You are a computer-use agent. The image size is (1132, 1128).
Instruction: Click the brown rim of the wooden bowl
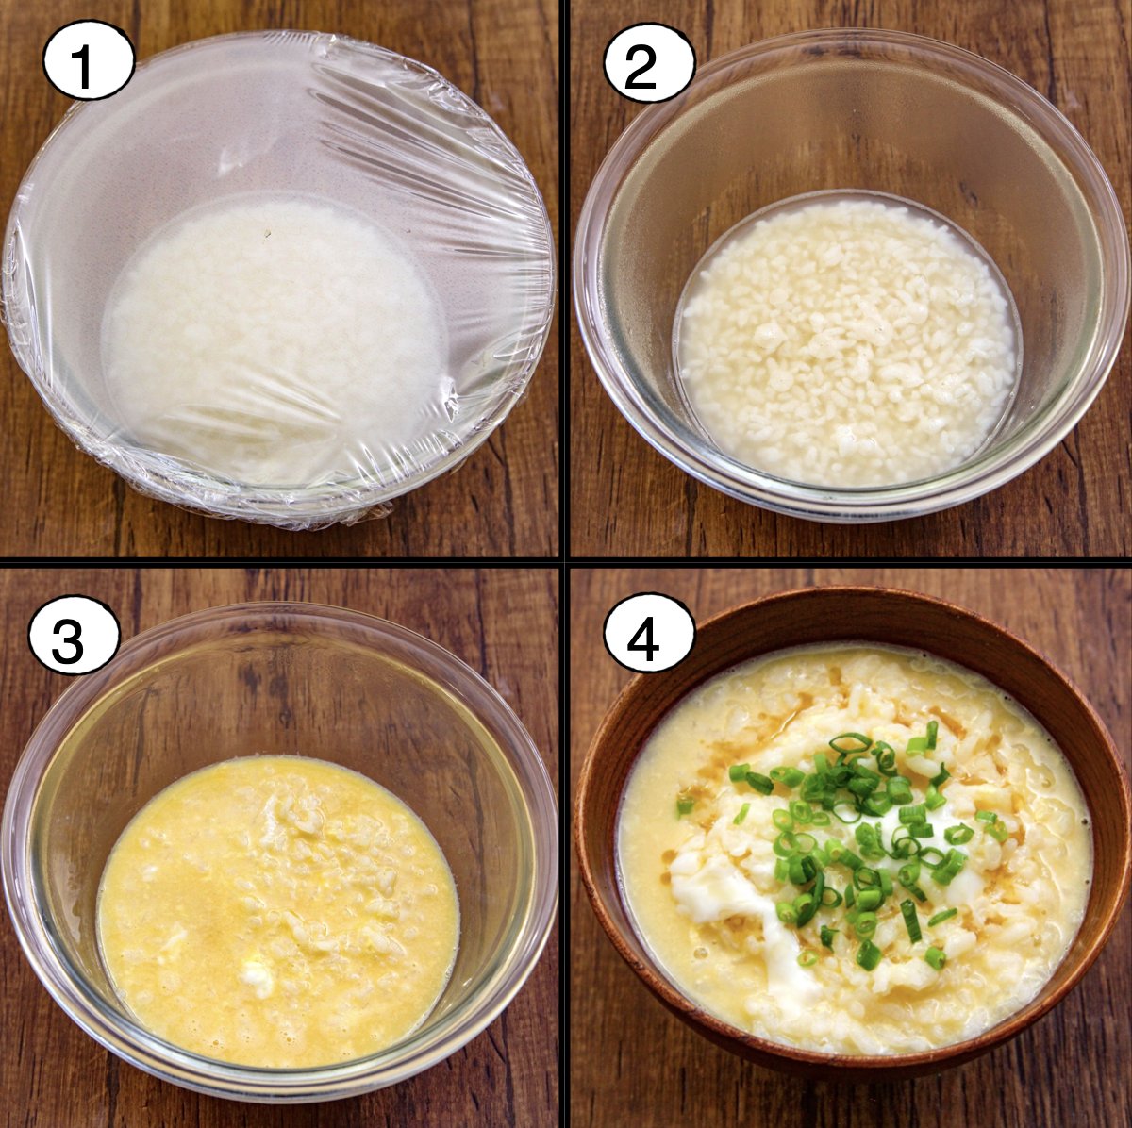point(852,605)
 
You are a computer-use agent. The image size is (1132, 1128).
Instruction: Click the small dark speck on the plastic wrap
point(268,234)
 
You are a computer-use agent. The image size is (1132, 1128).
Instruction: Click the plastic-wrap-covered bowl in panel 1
point(279,282)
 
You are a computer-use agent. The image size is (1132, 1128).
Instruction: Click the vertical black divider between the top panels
point(564,279)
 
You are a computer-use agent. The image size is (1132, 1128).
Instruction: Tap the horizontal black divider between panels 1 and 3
point(279,563)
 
